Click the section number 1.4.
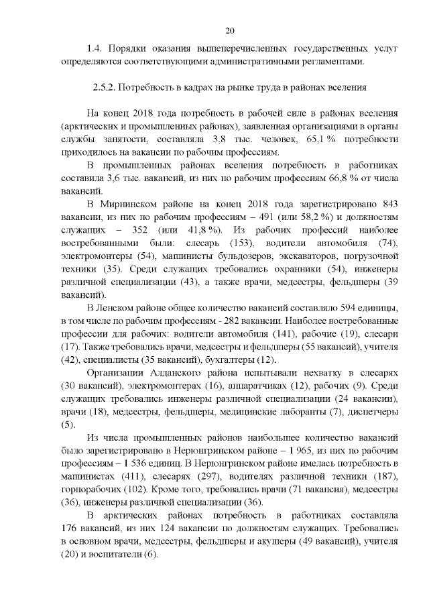(x=96, y=49)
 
